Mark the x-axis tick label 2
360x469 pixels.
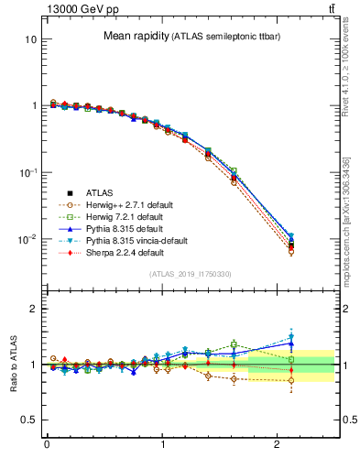click(278, 445)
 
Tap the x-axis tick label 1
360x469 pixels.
click(162, 445)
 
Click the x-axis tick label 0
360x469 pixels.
click(47, 445)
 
